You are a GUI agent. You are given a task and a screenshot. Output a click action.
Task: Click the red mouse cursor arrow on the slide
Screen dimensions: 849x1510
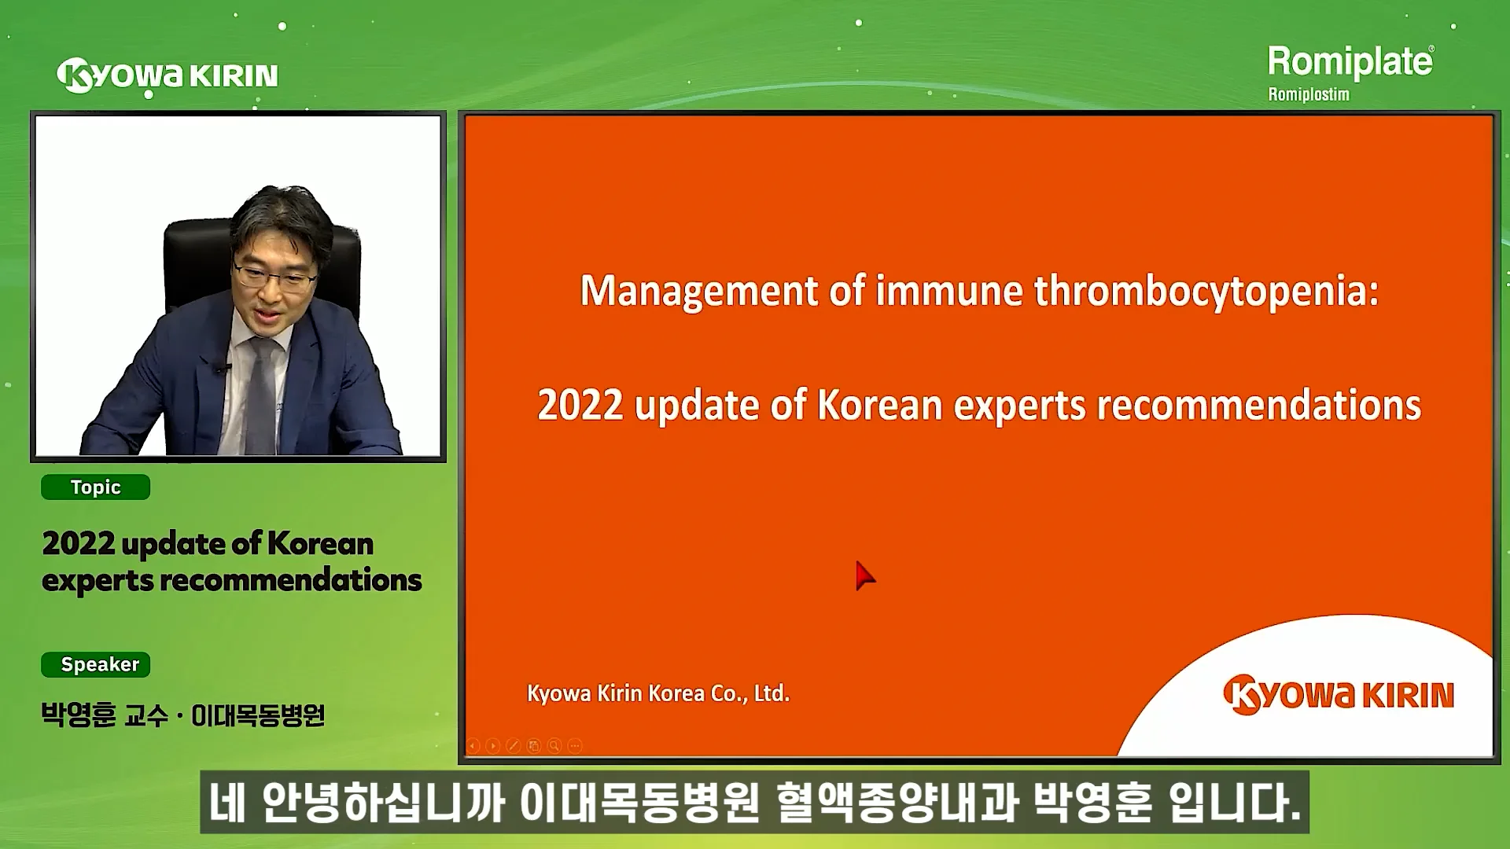[x=864, y=575]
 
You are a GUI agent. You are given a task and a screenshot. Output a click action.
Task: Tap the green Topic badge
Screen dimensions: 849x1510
[x=95, y=487]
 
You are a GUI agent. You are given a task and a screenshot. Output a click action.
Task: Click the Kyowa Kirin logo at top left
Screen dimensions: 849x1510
[x=168, y=76]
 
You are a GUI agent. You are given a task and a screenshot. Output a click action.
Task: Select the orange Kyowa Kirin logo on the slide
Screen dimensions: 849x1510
[x=1338, y=695]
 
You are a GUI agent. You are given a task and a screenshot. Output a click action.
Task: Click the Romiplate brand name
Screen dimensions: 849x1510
[x=1350, y=62]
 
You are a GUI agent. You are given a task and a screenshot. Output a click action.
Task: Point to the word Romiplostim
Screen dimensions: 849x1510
[x=1309, y=94]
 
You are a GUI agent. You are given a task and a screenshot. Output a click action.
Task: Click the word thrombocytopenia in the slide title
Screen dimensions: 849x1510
[x=1205, y=292]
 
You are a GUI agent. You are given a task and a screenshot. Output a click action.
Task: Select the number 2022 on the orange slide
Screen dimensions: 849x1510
[x=580, y=406]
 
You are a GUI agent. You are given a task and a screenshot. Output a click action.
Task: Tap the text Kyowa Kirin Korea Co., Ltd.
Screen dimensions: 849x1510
[x=657, y=693]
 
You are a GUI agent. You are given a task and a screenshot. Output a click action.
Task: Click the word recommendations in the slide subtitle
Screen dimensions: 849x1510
[x=1258, y=406]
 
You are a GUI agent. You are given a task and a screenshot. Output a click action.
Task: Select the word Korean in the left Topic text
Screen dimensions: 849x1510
[x=320, y=544]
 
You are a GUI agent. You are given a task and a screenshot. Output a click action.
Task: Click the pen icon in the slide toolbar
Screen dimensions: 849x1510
[x=514, y=745]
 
